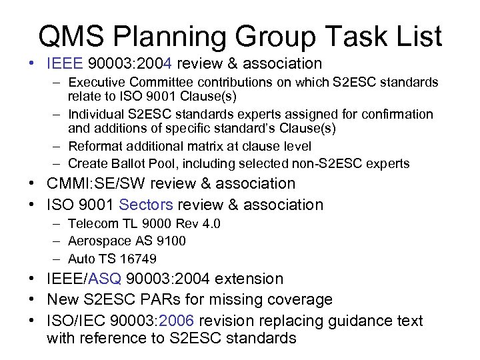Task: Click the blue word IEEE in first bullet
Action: pyautogui.click(x=65, y=64)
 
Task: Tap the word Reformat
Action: pyautogui.click(x=96, y=145)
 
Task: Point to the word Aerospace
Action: pyautogui.click(x=97, y=241)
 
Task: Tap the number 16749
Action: pyautogui.click(x=139, y=258)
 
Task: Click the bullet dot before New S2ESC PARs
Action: pyautogui.click(x=33, y=300)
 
